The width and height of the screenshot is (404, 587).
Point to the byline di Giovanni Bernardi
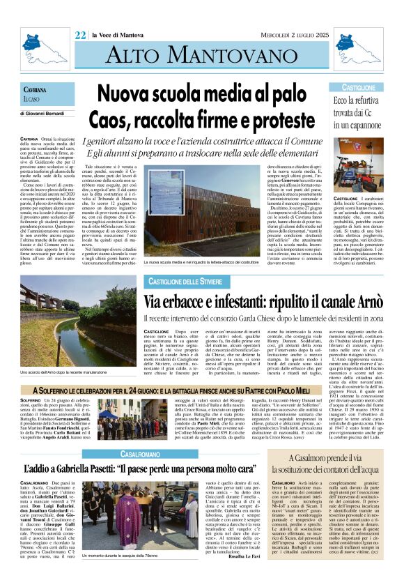pos(46,112)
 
